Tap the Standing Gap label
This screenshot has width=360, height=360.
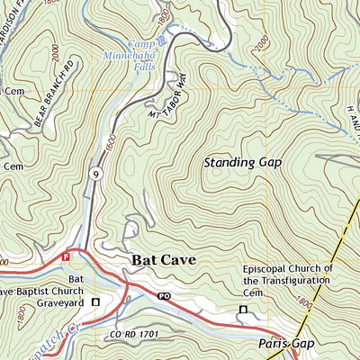tap(242, 163)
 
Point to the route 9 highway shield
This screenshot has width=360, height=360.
tap(95, 173)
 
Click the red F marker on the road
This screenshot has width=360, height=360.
tap(66, 256)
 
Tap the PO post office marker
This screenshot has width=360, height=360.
tap(164, 295)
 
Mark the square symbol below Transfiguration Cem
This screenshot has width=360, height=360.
tap(241, 310)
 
